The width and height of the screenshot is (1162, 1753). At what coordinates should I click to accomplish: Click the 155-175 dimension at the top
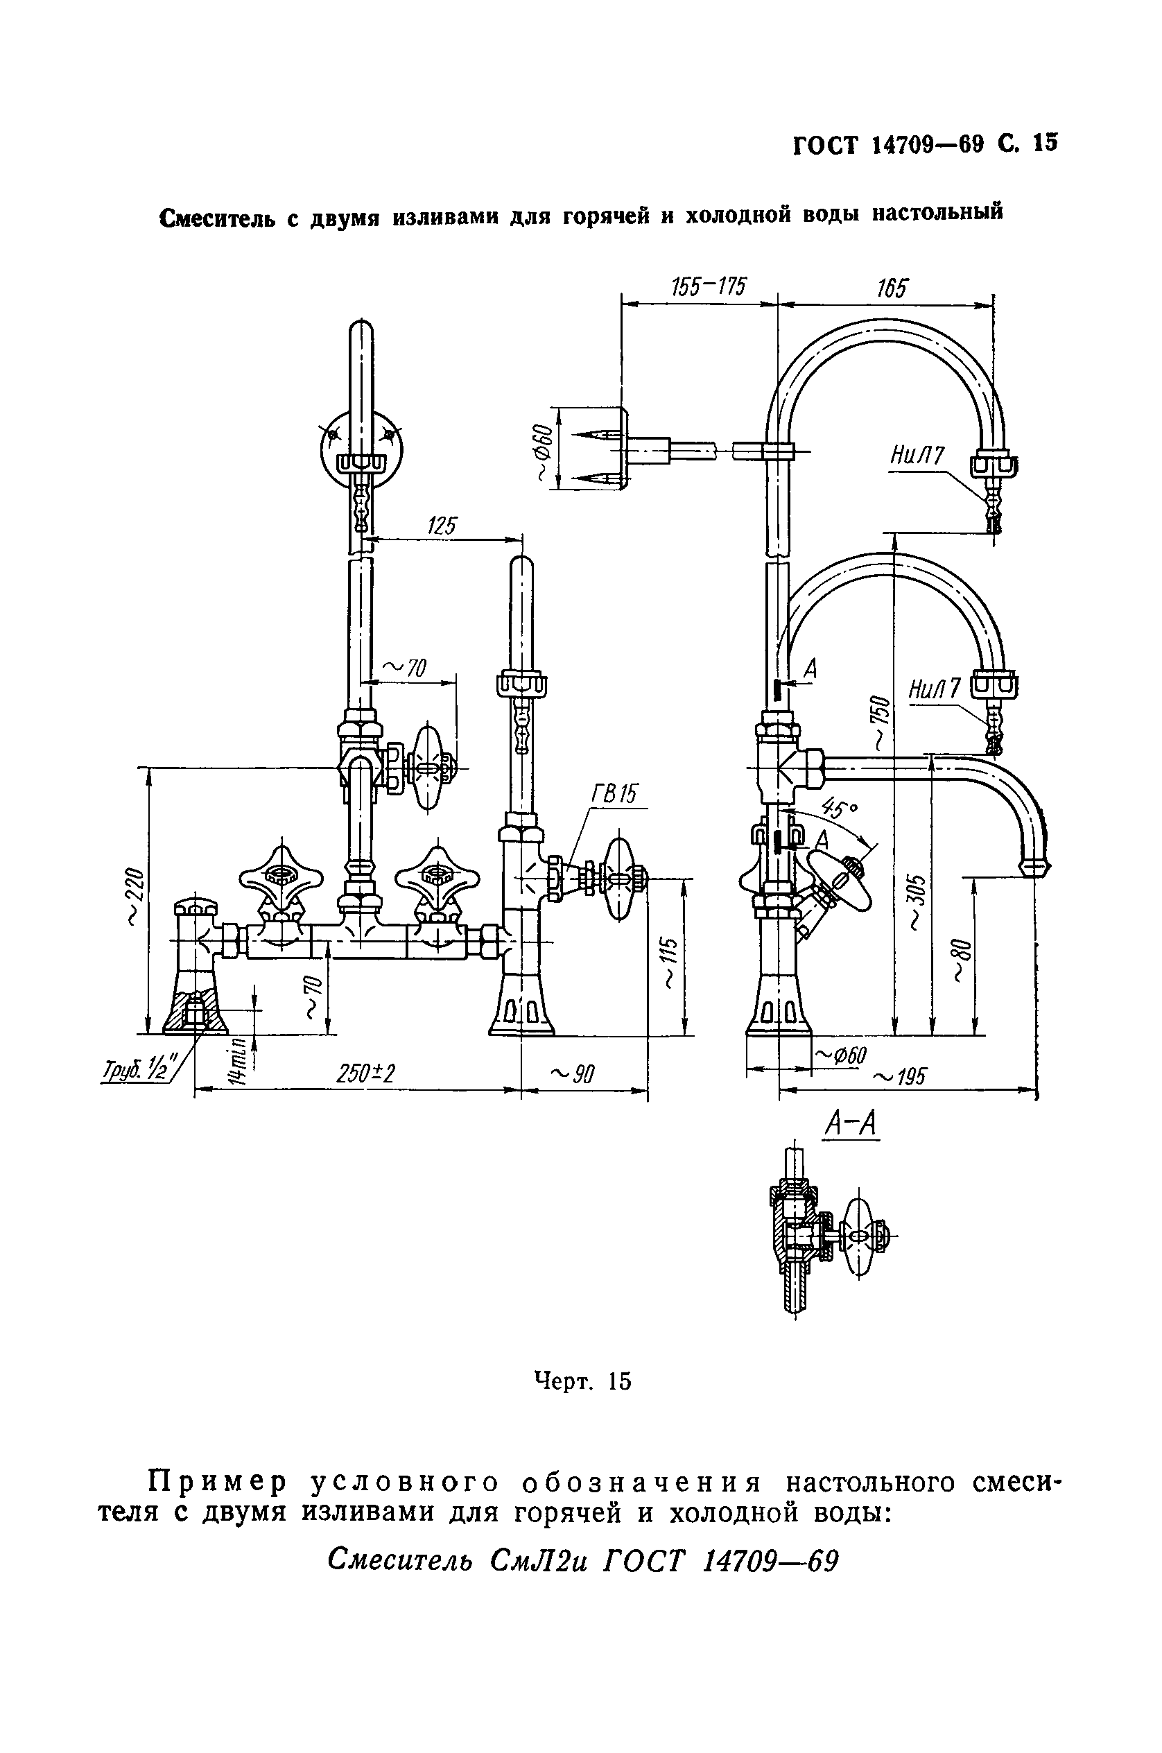(709, 287)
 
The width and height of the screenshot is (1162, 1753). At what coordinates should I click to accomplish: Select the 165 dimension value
(892, 288)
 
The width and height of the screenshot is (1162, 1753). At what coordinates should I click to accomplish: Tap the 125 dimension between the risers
(442, 526)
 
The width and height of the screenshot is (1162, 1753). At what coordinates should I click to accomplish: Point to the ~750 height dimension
(879, 723)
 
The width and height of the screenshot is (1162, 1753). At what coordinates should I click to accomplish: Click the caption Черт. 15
(582, 1381)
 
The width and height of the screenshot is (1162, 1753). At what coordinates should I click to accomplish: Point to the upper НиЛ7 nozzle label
(917, 456)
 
